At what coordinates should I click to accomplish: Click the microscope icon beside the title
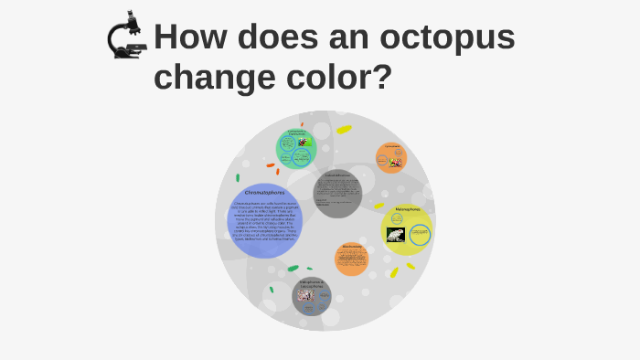pyautogui.click(x=126, y=36)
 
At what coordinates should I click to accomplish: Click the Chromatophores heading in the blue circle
pyautogui.click(x=264, y=193)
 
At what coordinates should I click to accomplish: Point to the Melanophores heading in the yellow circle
pyautogui.click(x=408, y=210)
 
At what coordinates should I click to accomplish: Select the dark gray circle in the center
pyautogui.click(x=337, y=194)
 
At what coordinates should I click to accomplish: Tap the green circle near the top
pyautogui.click(x=295, y=149)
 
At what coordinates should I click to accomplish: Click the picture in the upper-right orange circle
pyautogui.click(x=395, y=163)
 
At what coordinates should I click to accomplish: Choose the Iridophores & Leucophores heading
pyautogui.click(x=312, y=284)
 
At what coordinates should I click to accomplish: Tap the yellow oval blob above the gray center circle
pyautogui.click(x=344, y=130)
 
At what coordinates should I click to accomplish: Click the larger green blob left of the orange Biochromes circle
pyautogui.click(x=293, y=269)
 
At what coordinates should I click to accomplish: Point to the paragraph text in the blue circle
pyautogui.click(x=265, y=224)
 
